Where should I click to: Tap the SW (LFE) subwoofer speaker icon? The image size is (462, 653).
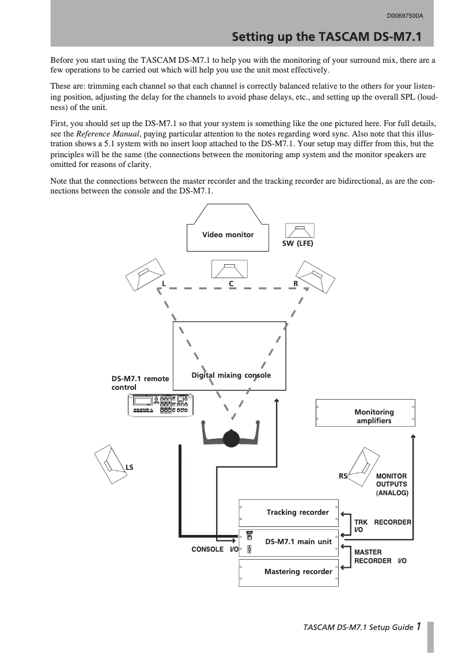point(297,231)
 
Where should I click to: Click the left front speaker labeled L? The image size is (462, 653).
point(146,274)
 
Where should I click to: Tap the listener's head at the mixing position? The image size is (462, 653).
point(232,438)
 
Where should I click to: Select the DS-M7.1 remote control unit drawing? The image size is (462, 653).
point(161,405)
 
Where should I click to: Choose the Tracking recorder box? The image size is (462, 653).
point(289,512)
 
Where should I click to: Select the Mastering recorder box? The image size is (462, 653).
point(289,572)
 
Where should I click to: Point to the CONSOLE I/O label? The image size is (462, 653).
point(214,550)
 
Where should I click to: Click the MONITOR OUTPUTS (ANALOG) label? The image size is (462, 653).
point(392,485)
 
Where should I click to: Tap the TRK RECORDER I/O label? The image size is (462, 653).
point(382,525)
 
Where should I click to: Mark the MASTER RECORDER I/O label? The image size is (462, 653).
point(380,556)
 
